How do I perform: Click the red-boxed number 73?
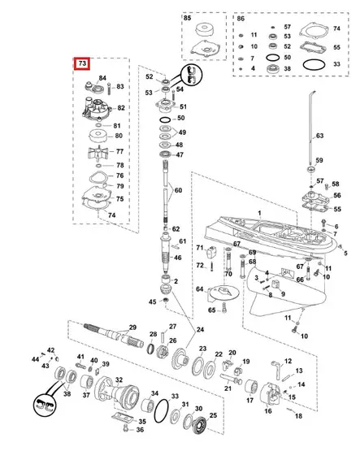click(x=81, y=64)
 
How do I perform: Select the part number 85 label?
click(x=188, y=18)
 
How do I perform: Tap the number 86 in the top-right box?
click(x=241, y=18)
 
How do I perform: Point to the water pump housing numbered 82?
click(x=101, y=106)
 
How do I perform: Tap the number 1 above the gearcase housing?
click(x=259, y=213)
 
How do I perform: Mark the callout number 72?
click(x=199, y=266)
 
